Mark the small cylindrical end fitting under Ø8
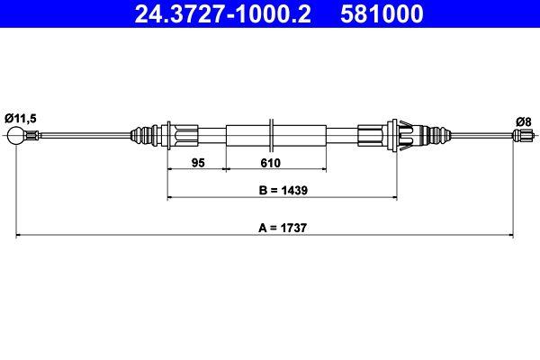(x=521, y=136)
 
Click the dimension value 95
(x=199, y=163)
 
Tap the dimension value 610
(x=271, y=163)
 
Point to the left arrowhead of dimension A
(x=20, y=236)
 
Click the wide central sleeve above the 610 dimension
(x=271, y=136)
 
